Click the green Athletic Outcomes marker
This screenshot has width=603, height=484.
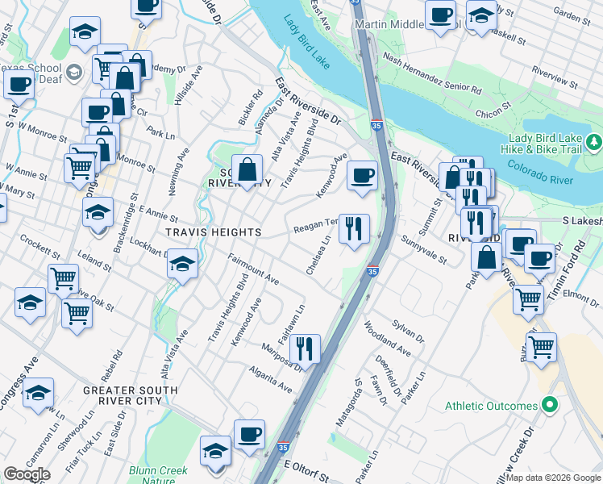[551, 405]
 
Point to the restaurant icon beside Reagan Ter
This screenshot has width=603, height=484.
[353, 229]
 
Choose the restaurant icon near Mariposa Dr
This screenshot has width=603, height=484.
[304, 348]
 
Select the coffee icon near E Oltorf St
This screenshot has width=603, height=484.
[249, 435]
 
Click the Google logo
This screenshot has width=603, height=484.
[27, 474]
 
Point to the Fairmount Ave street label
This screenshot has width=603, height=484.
[253, 270]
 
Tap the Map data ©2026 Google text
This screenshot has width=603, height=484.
[552, 478]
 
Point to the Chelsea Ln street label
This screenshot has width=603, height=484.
[318, 254]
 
